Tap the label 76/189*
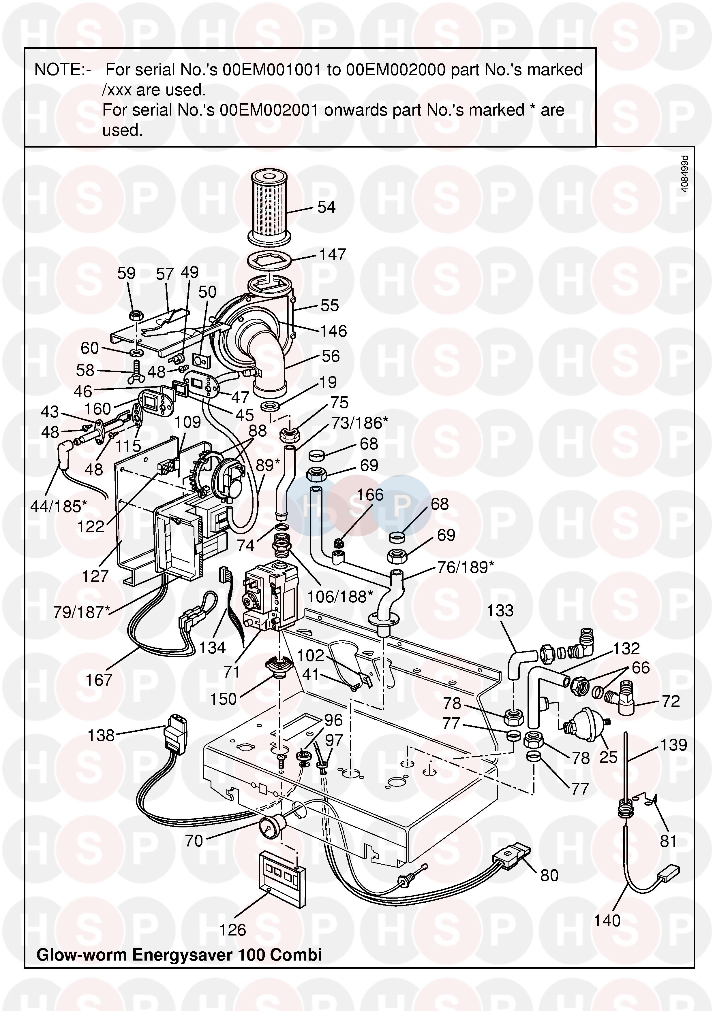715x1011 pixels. [466, 567]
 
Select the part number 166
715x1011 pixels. [370, 495]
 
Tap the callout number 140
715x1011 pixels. [607, 920]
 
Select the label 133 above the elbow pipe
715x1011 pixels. [500, 611]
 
